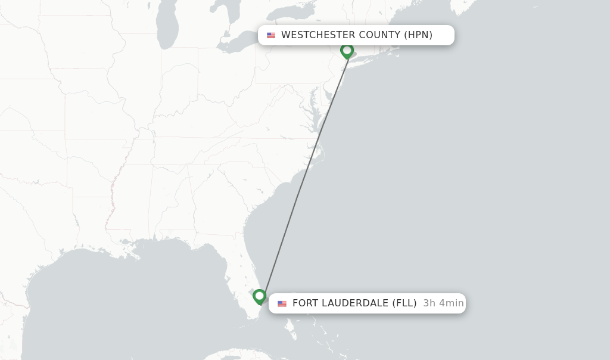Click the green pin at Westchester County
pyautogui.click(x=347, y=51)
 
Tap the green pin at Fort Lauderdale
pyautogui.click(x=259, y=296)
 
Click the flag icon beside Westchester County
pyautogui.click(x=271, y=35)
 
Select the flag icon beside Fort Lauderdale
pyautogui.click(x=282, y=303)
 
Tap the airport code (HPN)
pyautogui.click(x=418, y=35)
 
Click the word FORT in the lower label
pyautogui.click(x=306, y=303)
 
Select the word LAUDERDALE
pyautogui.click(x=355, y=303)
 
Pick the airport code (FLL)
pyautogui.click(x=404, y=303)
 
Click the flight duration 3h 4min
pyautogui.click(x=443, y=303)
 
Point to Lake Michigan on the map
pyautogui.click(x=168, y=27)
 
